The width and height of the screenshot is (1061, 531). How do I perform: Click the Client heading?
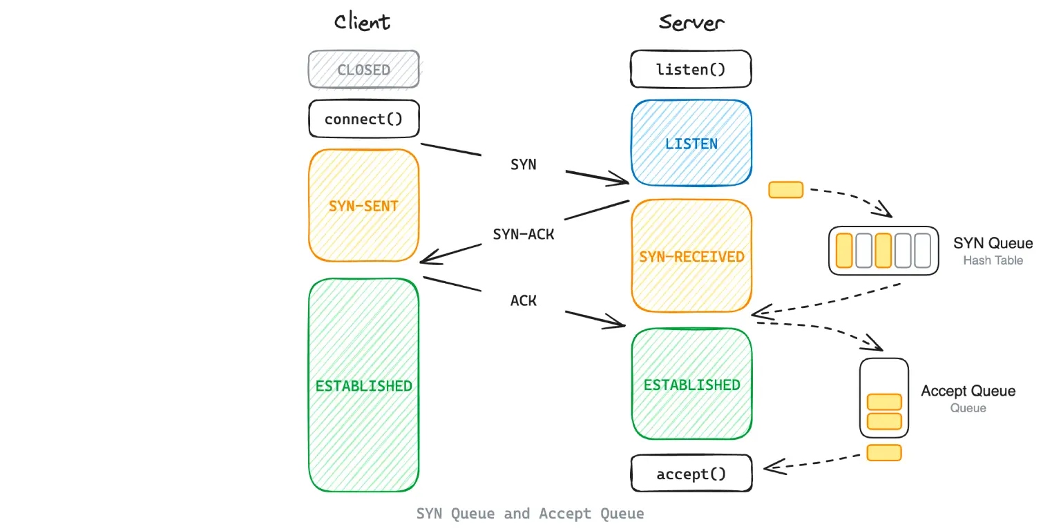coord(362,22)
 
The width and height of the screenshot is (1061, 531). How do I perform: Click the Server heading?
coord(691,22)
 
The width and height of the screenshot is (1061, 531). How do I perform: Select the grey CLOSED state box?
coord(363,70)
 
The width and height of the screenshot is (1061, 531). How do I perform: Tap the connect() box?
coord(363,119)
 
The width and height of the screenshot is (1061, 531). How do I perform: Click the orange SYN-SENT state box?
coord(363,206)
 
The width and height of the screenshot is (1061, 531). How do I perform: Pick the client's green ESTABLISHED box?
coord(363,385)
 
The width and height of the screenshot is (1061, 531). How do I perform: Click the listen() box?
coord(691,69)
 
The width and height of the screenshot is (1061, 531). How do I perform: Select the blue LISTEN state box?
coord(691,144)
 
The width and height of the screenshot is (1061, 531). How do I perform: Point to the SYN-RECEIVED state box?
coord(691,256)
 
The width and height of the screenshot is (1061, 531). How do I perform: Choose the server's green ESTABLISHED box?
coord(691,385)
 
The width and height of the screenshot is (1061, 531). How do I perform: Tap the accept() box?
coord(691,474)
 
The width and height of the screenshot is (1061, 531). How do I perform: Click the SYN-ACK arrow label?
coord(524,234)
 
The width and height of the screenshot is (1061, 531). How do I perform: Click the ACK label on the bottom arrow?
coord(524,300)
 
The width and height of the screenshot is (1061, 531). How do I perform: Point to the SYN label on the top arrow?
coord(524,164)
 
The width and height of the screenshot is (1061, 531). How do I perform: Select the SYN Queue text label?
coord(993,243)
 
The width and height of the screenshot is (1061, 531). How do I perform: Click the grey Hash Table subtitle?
coord(993,260)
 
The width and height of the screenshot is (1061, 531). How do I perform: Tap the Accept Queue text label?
coord(968,391)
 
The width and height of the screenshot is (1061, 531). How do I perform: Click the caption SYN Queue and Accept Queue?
coord(530,514)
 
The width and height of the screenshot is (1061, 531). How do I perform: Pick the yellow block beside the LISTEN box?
coord(785,190)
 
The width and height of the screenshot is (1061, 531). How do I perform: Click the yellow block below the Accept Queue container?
coord(883,453)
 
